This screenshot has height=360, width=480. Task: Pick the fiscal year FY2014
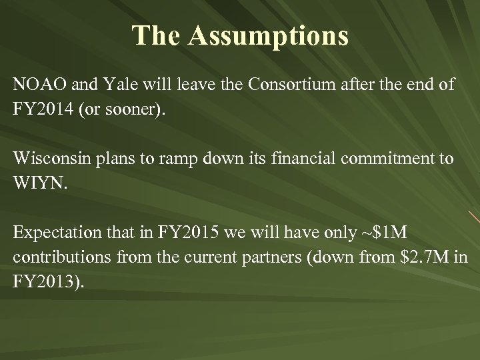45,109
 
